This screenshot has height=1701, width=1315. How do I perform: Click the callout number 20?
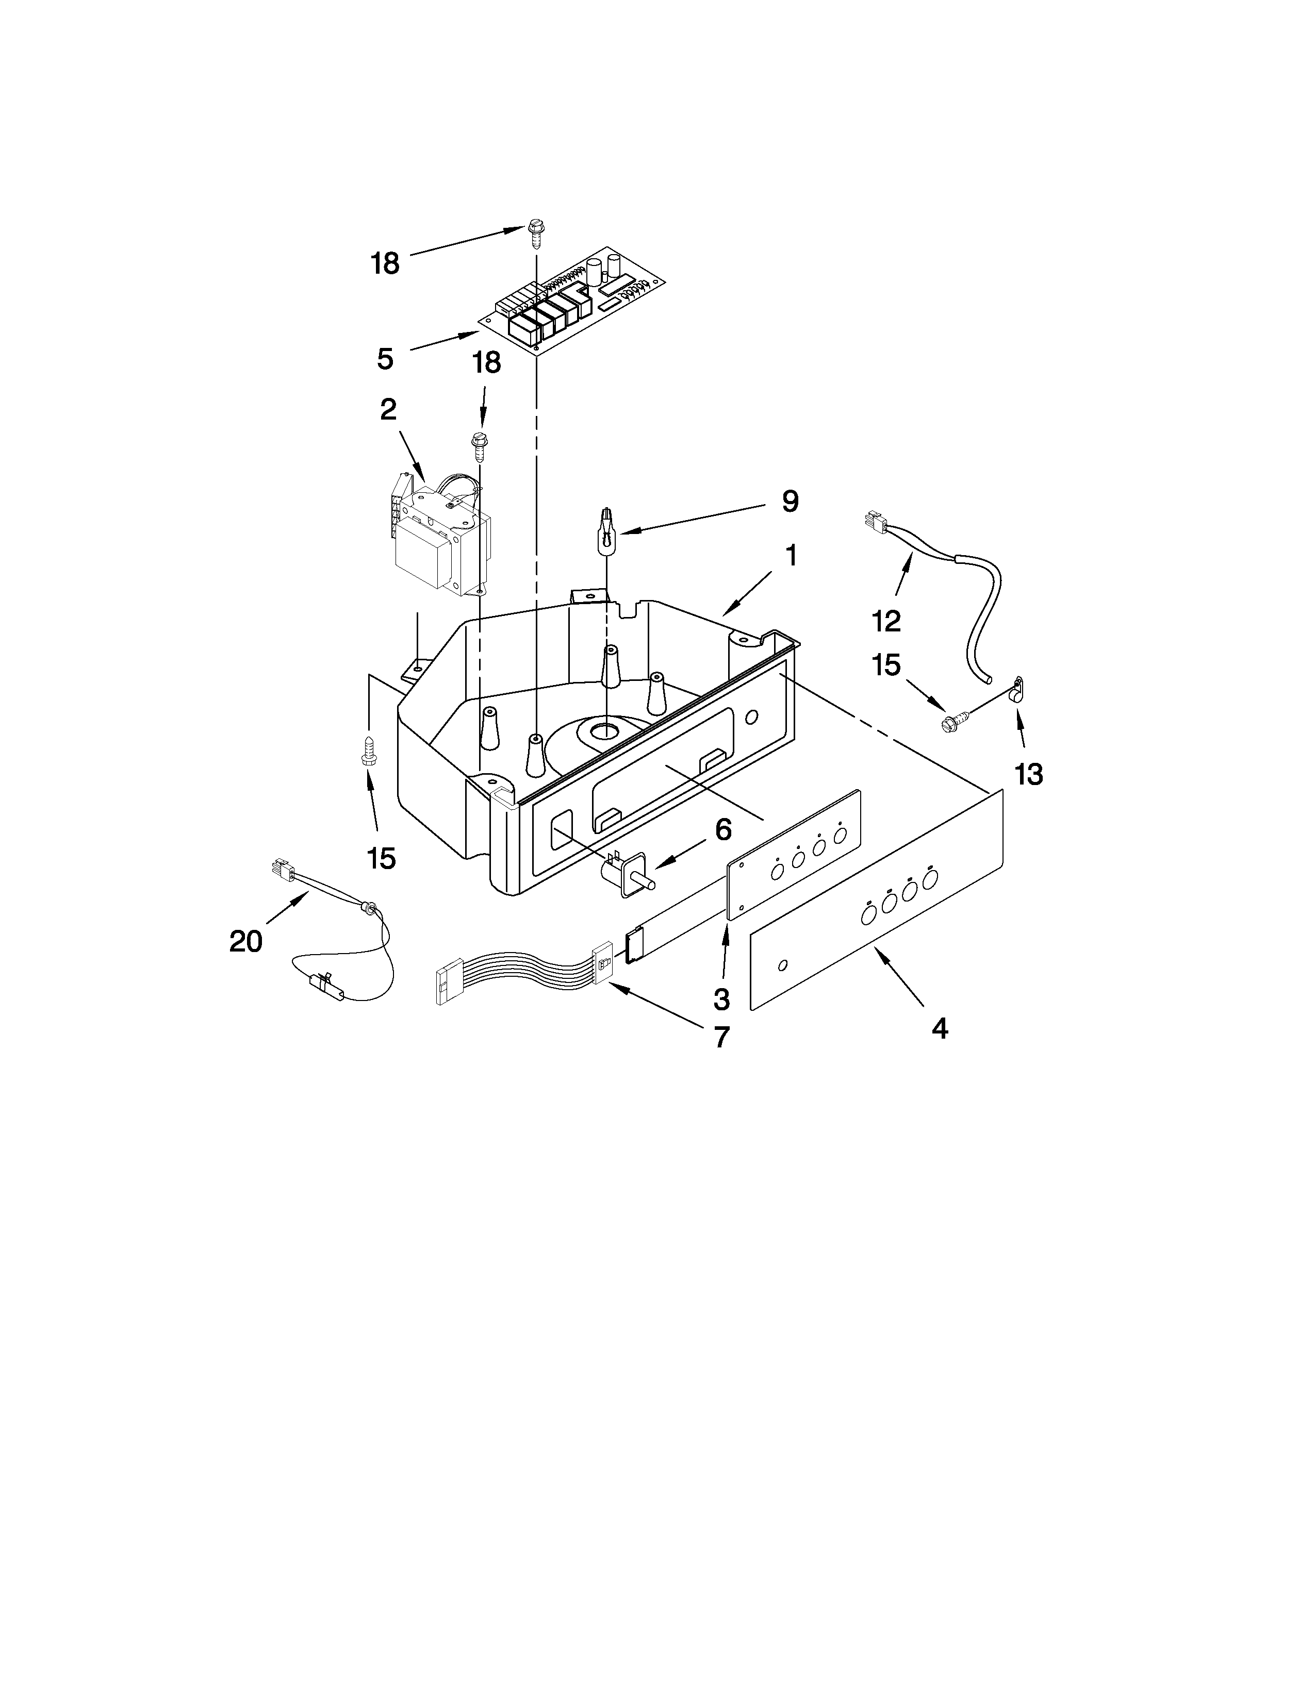coord(245,942)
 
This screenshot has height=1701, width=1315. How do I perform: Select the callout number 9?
coord(790,502)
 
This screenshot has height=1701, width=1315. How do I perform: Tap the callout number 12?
coord(886,621)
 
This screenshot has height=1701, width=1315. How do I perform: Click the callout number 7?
coord(721,1037)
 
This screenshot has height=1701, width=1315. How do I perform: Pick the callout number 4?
coord(940,1029)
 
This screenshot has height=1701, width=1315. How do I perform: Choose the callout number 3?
coord(721,998)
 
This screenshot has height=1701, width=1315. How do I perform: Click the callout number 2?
coord(388,410)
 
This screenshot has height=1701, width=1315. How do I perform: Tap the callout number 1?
coord(790,556)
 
